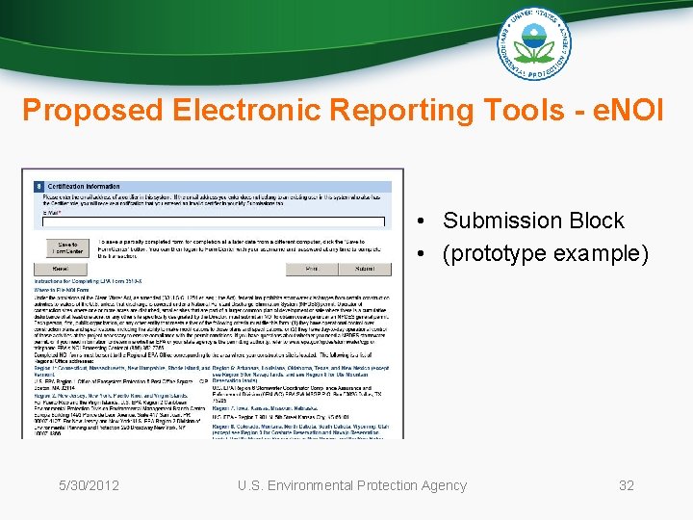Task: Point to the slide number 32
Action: [x=627, y=485]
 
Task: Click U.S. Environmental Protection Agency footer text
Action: [x=352, y=485]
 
